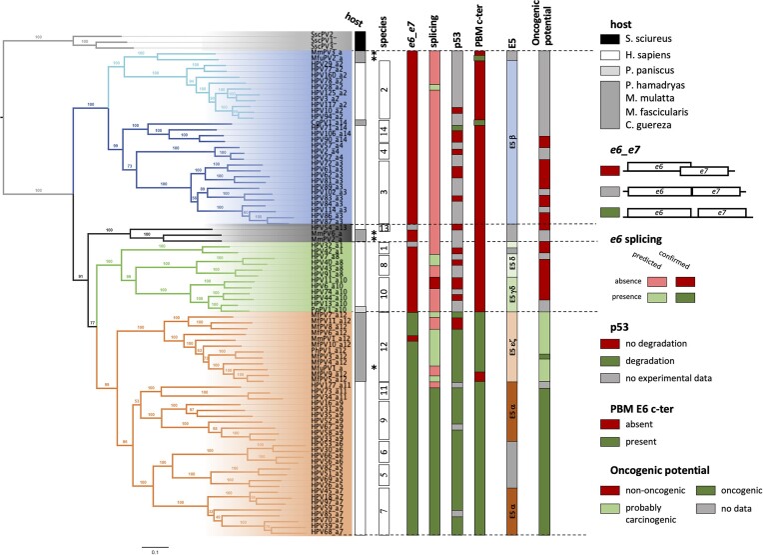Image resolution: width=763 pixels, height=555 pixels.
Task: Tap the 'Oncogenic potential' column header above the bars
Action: (x=545, y=26)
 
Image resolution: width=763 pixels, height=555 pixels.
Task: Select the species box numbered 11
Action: (x=385, y=392)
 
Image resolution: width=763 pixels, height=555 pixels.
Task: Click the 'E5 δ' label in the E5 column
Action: (x=512, y=267)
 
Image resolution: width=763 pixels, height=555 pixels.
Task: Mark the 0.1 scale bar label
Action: (x=146, y=549)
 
